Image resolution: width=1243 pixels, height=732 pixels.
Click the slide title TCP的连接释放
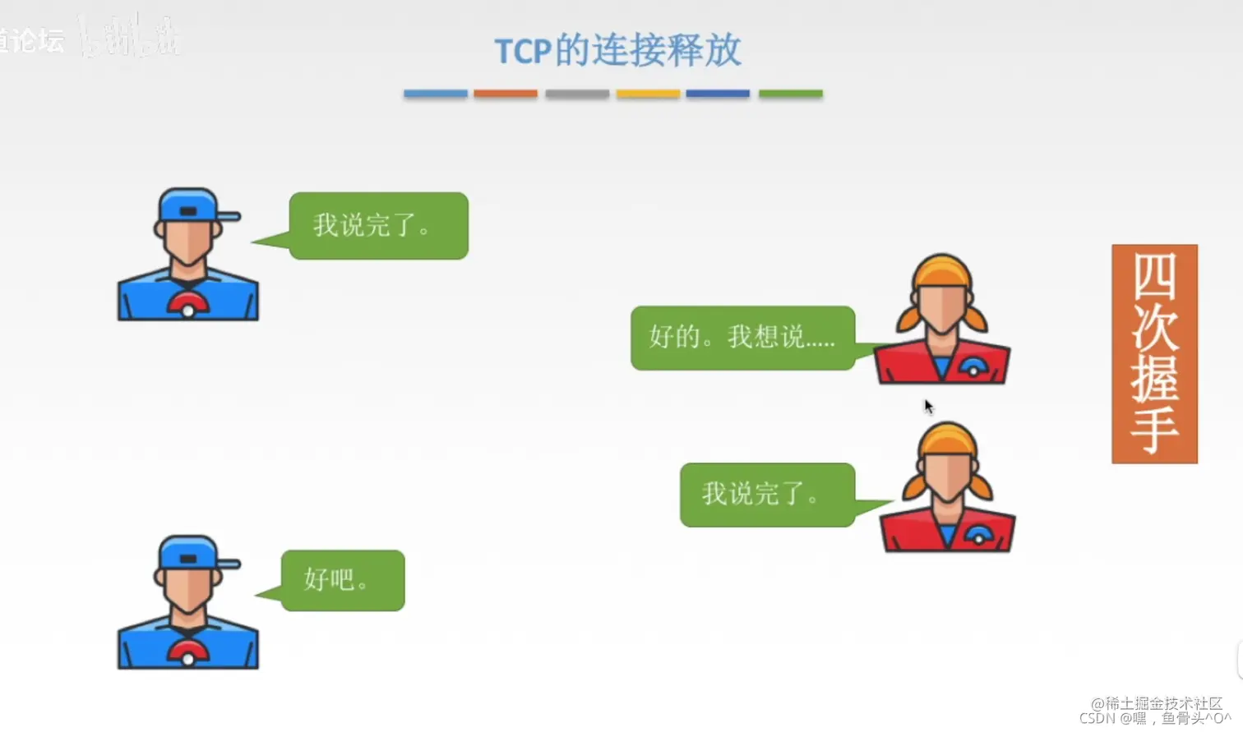tap(617, 51)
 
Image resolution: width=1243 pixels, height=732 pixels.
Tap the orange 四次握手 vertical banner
tap(1154, 353)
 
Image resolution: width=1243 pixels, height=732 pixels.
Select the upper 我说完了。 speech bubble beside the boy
tap(378, 226)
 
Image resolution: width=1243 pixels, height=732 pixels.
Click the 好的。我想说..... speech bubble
tap(742, 338)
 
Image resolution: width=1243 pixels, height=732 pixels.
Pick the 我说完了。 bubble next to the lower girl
tap(767, 495)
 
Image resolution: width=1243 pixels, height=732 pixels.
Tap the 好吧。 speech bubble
tap(343, 580)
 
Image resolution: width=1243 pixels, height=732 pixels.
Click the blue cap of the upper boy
tap(191, 205)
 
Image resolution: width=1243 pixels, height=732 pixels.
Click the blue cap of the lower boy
tap(191, 553)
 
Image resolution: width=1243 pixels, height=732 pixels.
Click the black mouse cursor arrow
tap(928, 407)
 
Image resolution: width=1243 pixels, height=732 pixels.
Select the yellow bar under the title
tap(648, 94)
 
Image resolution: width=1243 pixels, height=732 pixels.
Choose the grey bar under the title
tap(577, 94)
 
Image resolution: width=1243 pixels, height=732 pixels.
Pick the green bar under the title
tap(790, 94)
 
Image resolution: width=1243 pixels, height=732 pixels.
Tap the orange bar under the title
tap(506, 94)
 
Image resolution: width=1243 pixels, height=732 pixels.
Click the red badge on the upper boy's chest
tap(188, 306)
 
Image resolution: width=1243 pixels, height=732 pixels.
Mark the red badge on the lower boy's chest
tap(188, 654)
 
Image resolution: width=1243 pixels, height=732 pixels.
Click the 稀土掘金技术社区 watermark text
tap(1156, 703)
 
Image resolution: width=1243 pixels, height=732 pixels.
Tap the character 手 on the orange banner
tap(1154, 429)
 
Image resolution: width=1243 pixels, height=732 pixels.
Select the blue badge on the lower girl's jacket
tap(978, 535)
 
